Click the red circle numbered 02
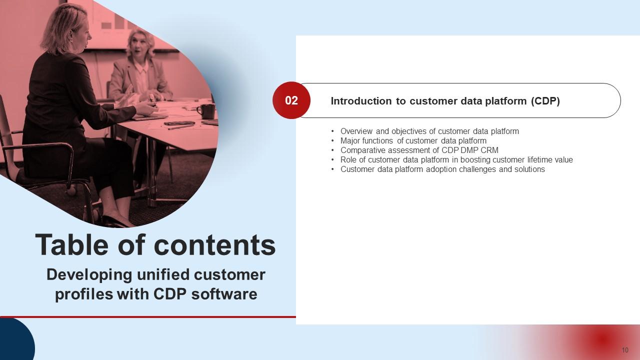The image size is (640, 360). point(291,100)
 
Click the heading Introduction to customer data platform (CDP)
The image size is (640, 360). point(445,101)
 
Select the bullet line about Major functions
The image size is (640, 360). point(413,141)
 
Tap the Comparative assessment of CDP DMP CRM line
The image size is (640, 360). point(419,150)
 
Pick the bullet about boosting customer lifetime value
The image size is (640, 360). point(456,159)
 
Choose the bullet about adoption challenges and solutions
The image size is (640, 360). point(442,169)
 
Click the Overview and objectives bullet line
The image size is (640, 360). point(429,131)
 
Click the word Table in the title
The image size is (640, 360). point(71,244)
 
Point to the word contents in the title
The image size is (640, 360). point(215,245)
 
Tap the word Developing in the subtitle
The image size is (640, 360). point(89,275)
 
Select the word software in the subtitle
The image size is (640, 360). point(224,294)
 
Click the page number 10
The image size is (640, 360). point(625,350)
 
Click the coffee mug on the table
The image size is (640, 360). point(206,111)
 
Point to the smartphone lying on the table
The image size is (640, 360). point(179,123)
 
